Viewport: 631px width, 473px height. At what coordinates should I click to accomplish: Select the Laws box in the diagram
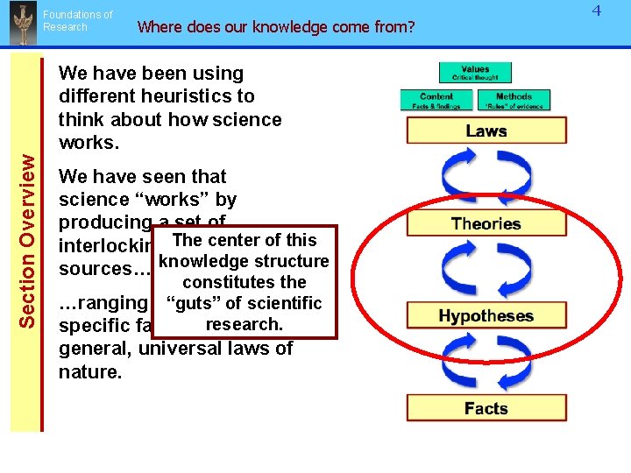pos(486,131)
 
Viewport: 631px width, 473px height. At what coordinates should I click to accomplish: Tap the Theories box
pos(486,223)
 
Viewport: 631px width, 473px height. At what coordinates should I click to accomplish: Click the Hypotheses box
pos(486,315)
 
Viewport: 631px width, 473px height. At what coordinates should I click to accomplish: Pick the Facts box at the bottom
pos(486,408)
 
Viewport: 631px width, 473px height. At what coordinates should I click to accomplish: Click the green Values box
pos(474,72)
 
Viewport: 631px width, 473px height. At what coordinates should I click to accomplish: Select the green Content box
pos(436,101)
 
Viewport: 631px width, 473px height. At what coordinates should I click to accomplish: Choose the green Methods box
pos(514,101)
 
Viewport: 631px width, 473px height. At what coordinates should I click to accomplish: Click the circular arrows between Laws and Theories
pos(486,177)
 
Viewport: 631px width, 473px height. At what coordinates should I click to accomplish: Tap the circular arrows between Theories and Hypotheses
pos(486,270)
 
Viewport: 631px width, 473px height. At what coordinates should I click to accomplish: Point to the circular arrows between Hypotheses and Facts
pos(486,362)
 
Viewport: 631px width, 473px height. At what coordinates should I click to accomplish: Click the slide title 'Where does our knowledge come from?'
pos(276,26)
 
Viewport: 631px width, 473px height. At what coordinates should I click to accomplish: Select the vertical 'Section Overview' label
pos(28,241)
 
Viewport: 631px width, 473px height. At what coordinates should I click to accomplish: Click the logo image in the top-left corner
pos(19,24)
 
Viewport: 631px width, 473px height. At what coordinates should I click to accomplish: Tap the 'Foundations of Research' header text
pos(78,21)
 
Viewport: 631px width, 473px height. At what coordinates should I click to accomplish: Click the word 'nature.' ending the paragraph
pos(89,371)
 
